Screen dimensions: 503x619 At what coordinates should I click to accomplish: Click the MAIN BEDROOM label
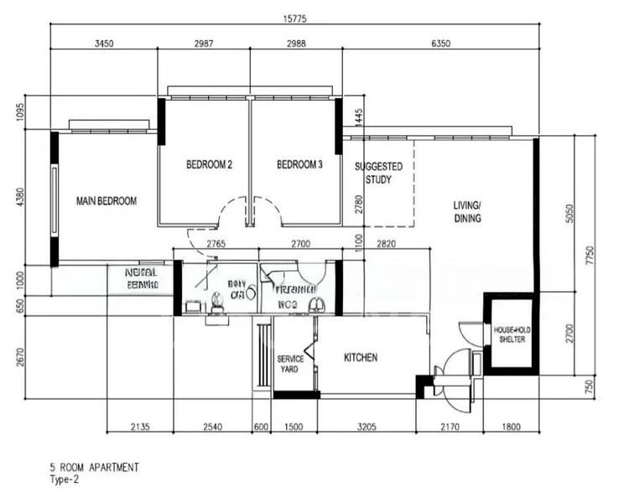pos(106,201)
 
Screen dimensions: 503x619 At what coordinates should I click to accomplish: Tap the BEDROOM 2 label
pos(209,165)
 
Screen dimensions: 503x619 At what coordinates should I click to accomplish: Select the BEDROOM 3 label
pos(299,165)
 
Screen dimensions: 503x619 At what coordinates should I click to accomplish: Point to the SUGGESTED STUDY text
pos(378,174)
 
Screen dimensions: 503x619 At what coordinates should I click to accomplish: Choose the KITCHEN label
pos(361,358)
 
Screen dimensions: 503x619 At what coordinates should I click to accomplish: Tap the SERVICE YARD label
pos(290,364)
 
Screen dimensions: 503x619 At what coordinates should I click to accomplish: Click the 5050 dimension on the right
pos(570,214)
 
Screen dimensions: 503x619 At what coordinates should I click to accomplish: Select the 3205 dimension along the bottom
pos(367,428)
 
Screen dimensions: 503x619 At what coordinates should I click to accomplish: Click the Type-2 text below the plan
pos(67,480)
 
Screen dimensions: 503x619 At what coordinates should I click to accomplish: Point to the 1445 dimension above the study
pos(358,117)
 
